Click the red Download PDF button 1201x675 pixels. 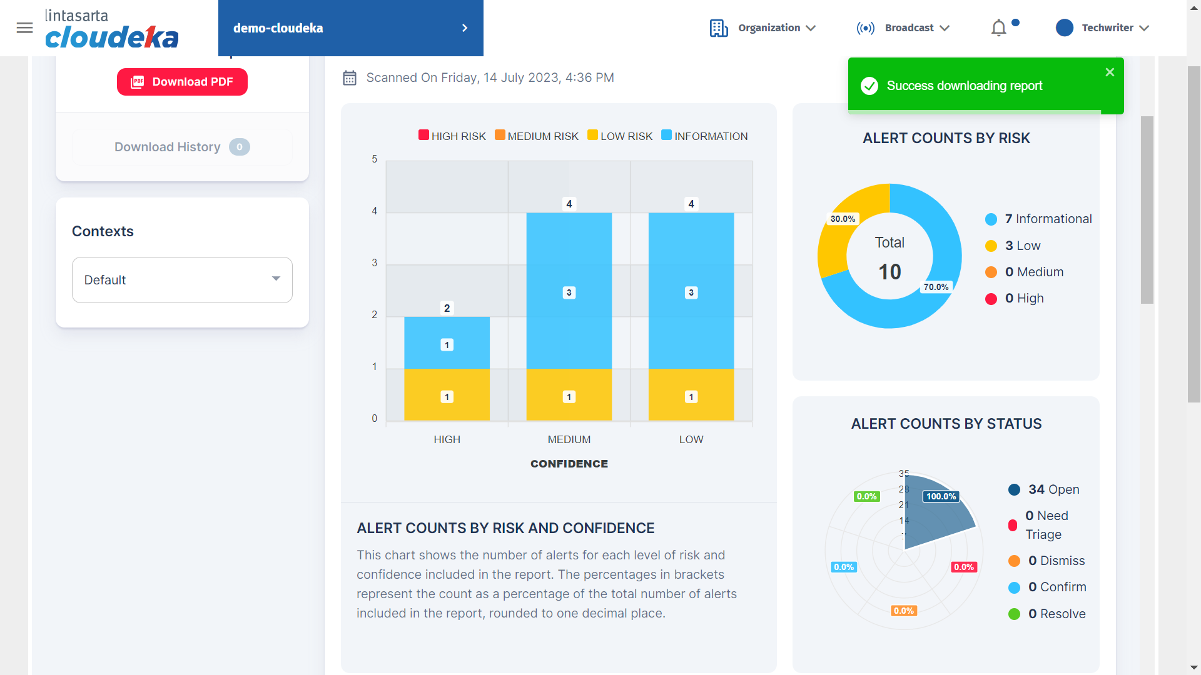click(x=182, y=82)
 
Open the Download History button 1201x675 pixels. click(x=182, y=147)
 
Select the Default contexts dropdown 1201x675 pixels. click(x=182, y=280)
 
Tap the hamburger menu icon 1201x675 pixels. click(x=24, y=27)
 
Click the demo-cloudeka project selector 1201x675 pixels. click(x=350, y=28)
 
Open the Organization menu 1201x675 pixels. click(x=763, y=28)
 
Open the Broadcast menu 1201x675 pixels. click(x=903, y=28)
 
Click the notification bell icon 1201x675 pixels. click(x=999, y=28)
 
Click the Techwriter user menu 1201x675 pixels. click(x=1102, y=28)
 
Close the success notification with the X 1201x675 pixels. click(x=1110, y=72)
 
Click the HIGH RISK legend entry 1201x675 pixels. click(x=452, y=136)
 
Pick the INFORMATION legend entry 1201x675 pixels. click(x=704, y=136)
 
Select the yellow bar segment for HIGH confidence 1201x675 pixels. click(x=447, y=394)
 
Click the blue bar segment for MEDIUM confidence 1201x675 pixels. click(x=569, y=291)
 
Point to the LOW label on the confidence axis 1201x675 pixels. click(x=691, y=439)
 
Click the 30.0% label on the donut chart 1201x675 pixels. click(x=843, y=219)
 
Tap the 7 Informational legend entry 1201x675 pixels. click(x=1039, y=219)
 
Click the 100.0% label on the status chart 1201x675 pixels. click(x=941, y=496)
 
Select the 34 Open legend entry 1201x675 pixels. click(x=1044, y=489)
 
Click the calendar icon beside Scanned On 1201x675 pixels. click(x=350, y=78)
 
